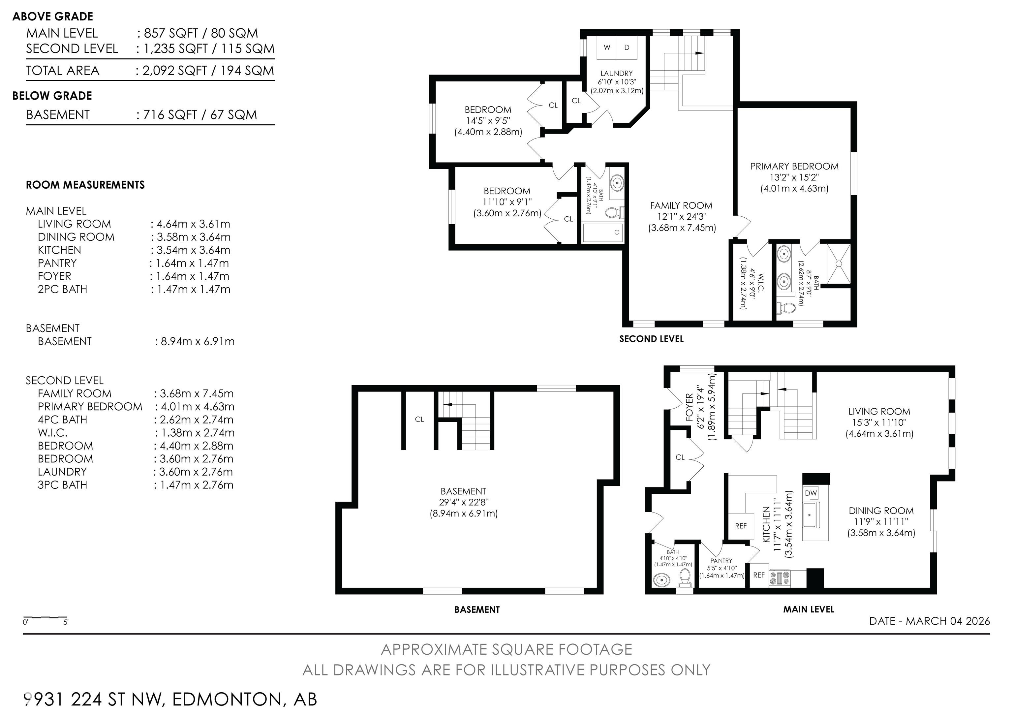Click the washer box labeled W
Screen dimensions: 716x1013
tap(607, 47)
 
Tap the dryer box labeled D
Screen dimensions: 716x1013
tap(627, 47)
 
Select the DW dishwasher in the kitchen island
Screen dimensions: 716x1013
tap(811, 493)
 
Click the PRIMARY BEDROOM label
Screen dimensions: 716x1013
tap(794, 166)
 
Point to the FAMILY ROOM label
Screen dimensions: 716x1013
tap(681, 205)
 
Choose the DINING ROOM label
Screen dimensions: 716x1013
tap(881, 511)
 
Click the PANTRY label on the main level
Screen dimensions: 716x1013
tap(721, 561)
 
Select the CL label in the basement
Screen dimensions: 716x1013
tap(419, 420)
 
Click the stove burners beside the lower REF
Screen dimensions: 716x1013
tap(779, 577)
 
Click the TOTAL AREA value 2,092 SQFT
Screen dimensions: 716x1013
tap(174, 71)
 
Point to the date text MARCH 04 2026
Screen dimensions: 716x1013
tap(948, 621)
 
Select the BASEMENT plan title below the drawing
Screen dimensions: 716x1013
tap(476, 610)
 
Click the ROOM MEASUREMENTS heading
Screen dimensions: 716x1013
tap(85, 185)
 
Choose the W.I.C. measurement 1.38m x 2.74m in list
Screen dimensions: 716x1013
tap(194, 433)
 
